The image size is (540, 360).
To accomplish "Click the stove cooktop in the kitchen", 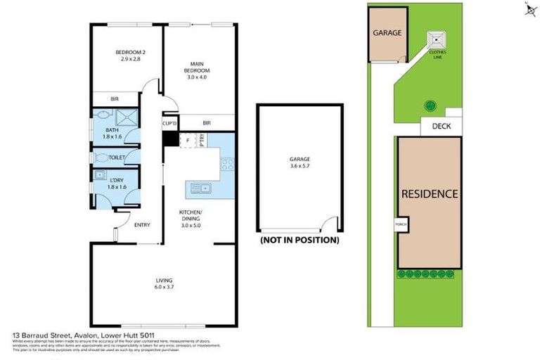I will tap(227, 165).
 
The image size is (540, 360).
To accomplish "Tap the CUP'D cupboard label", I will tap(169, 124).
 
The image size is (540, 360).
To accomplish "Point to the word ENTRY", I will tap(142, 225).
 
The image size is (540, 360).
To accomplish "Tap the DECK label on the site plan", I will tap(441, 127).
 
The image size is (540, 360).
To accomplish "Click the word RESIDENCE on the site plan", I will tap(430, 193).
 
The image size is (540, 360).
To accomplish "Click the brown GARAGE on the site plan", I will tap(387, 33).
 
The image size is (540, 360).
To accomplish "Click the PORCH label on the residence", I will tap(401, 225).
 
